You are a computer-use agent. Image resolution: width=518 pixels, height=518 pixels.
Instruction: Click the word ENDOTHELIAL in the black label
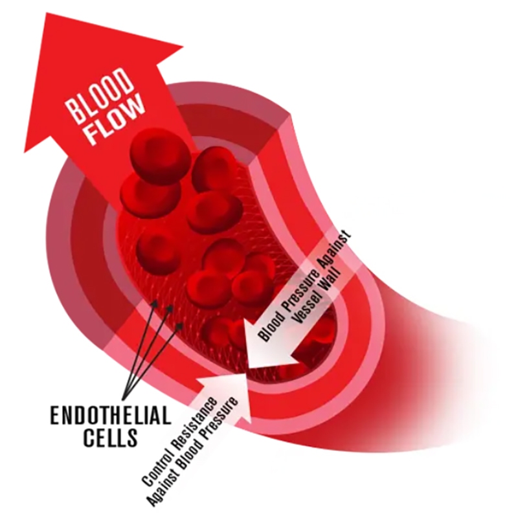(111, 414)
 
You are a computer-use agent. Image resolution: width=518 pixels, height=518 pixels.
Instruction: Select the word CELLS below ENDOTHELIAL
(111, 437)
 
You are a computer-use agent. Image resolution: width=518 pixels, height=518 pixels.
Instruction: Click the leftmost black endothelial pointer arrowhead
(154, 302)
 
